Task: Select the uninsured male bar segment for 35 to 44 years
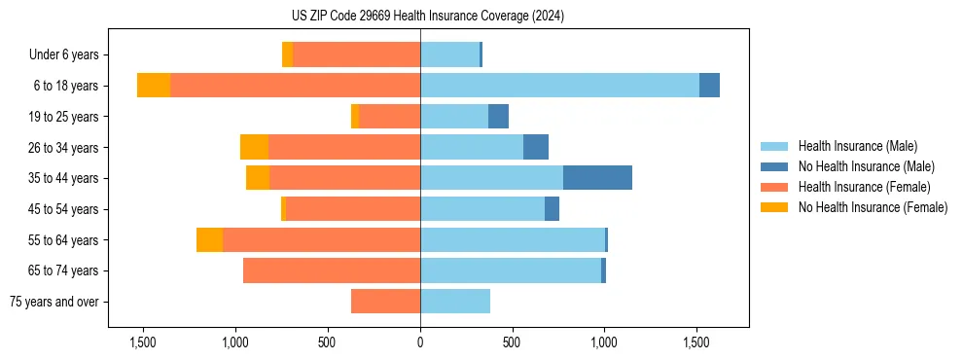[597, 178]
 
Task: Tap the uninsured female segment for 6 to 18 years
[154, 86]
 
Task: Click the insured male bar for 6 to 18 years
[559, 86]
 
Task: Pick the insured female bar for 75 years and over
[385, 302]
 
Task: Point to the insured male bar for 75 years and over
[455, 302]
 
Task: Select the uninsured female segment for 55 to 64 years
[209, 239]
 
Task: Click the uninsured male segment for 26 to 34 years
[536, 147]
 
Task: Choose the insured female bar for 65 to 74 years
[332, 270]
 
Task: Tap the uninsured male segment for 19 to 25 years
[498, 117]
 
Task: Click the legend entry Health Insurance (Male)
[857, 146]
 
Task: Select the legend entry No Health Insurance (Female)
[873, 207]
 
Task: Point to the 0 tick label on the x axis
[420, 342]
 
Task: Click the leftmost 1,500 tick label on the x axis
[143, 342]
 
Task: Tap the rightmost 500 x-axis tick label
[513, 342]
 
